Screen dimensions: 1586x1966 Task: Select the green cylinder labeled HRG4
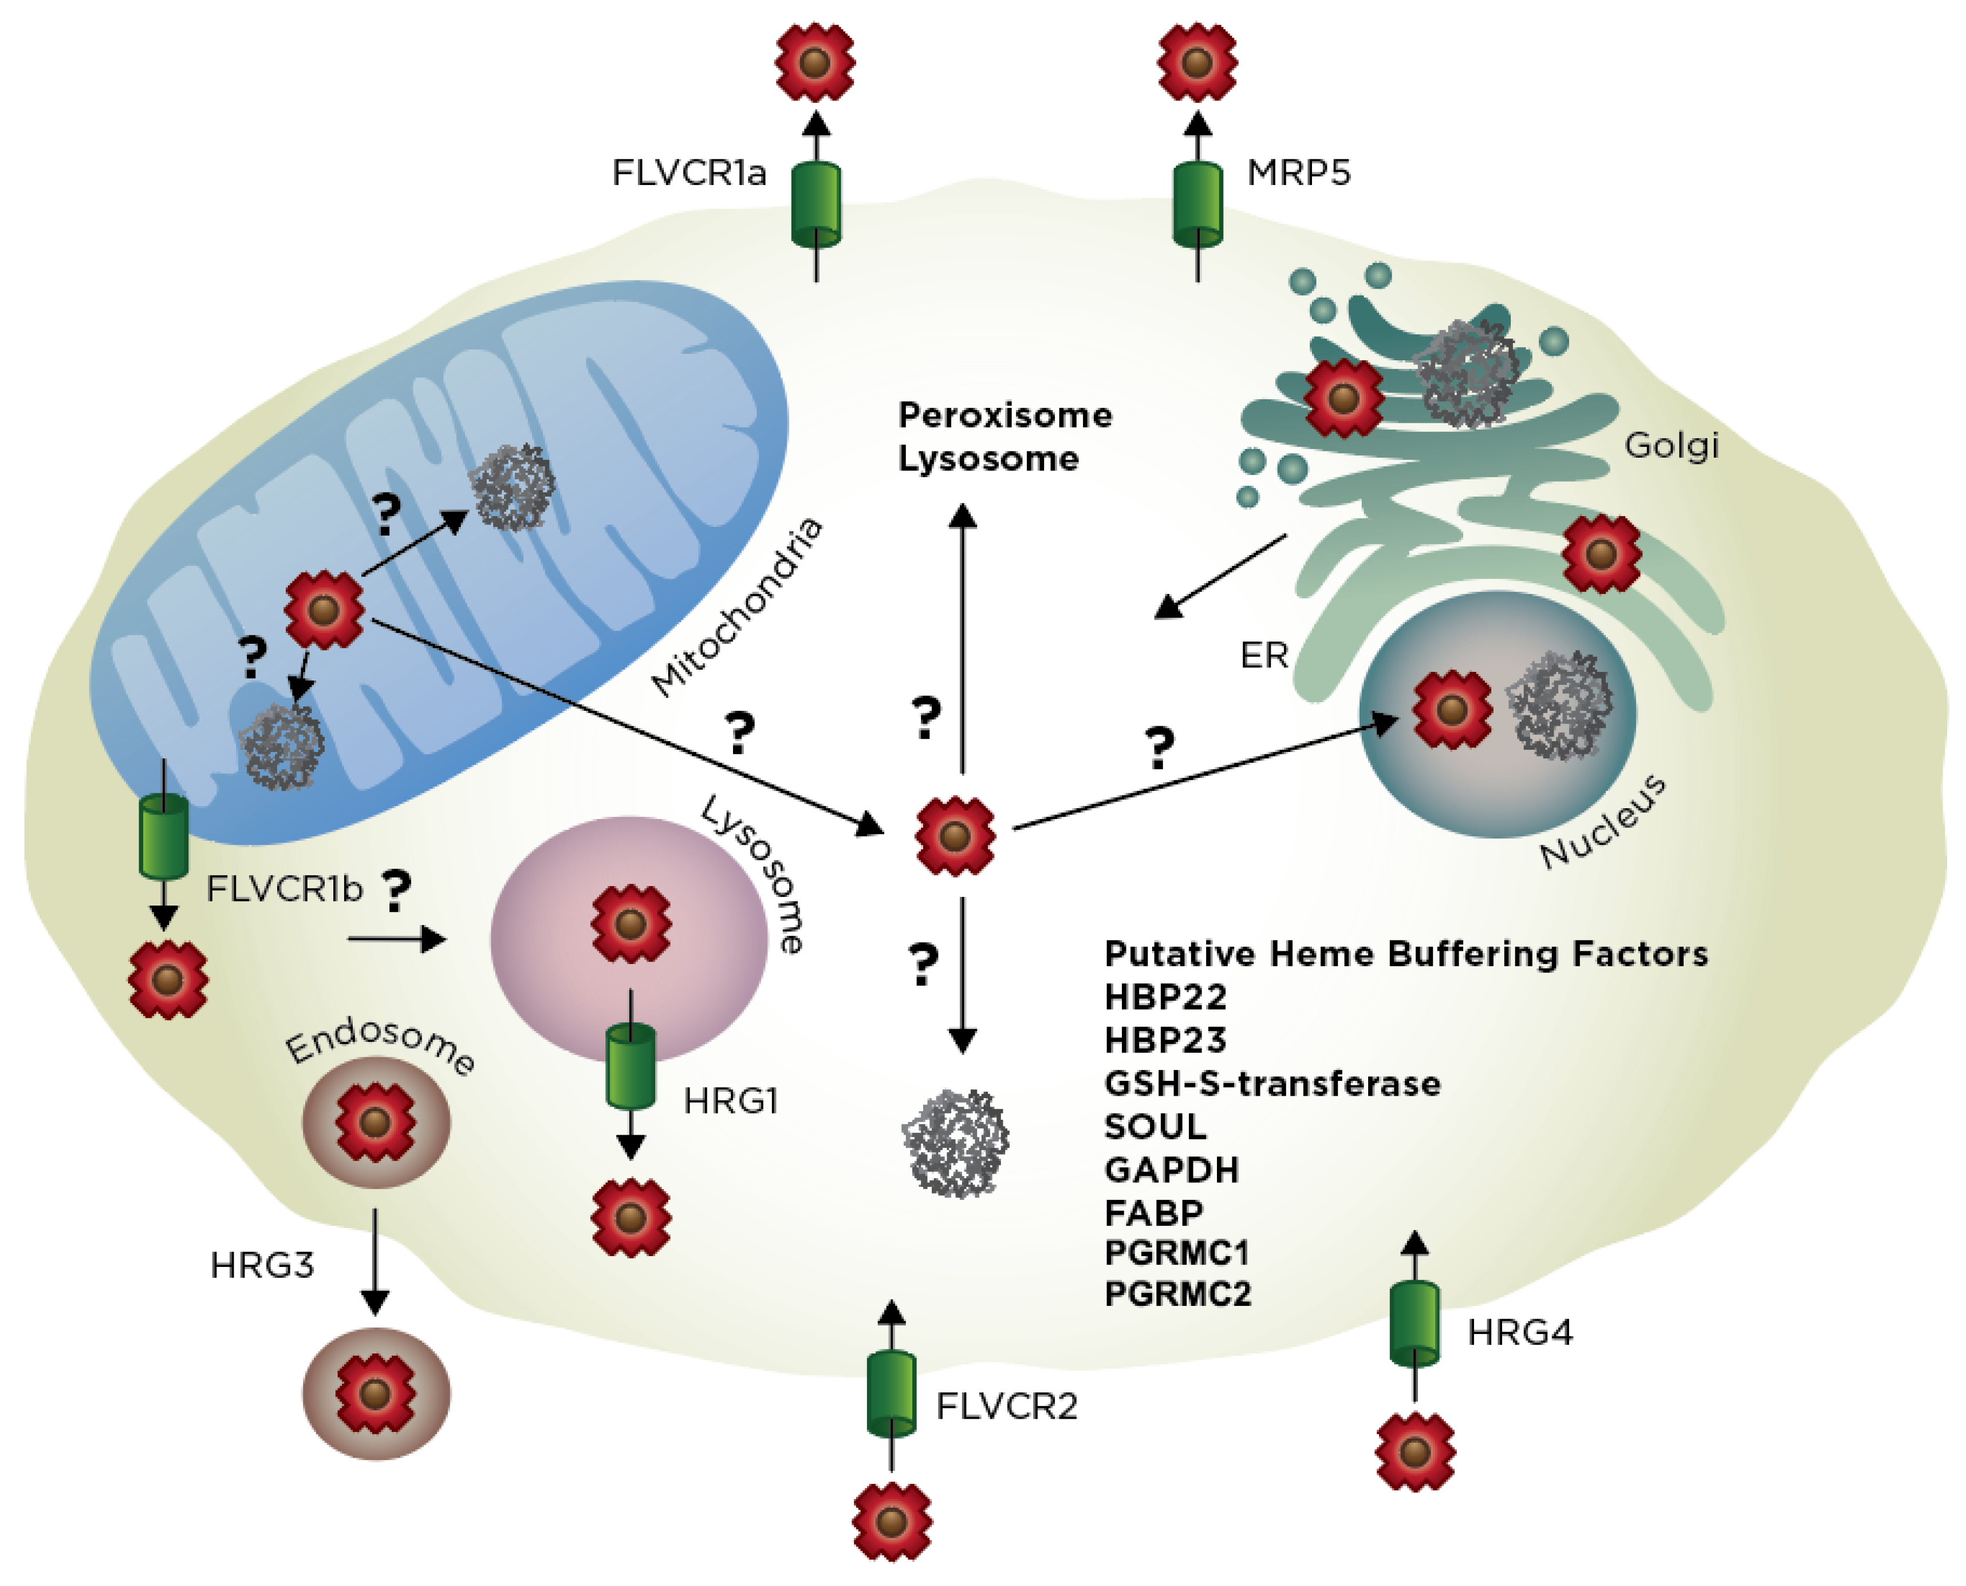(x=1414, y=1324)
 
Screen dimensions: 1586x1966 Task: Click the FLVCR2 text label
(x=1007, y=1407)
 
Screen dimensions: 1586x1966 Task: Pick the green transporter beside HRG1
(x=631, y=1066)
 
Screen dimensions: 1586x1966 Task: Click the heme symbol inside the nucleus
(x=1452, y=710)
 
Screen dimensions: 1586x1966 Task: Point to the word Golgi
(x=1671, y=446)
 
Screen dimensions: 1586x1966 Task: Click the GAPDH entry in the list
(x=1171, y=1170)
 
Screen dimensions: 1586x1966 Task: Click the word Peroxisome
(x=1005, y=416)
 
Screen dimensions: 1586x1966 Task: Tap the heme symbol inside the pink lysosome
(x=631, y=924)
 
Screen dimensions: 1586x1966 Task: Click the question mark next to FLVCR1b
(x=396, y=891)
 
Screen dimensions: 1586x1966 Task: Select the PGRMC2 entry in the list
(x=1177, y=1294)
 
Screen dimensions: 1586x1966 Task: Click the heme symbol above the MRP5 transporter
(x=1197, y=62)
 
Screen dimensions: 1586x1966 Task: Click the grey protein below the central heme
(x=956, y=1143)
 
